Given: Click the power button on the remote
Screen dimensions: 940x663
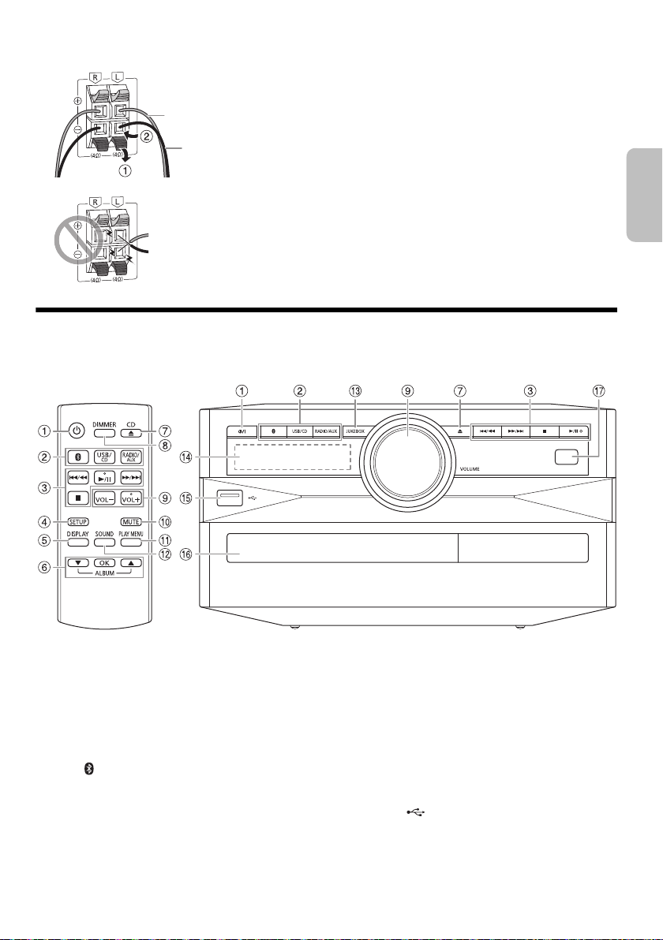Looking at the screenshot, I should coord(76,431).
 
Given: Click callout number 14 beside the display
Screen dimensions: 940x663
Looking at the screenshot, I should coord(187,456).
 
